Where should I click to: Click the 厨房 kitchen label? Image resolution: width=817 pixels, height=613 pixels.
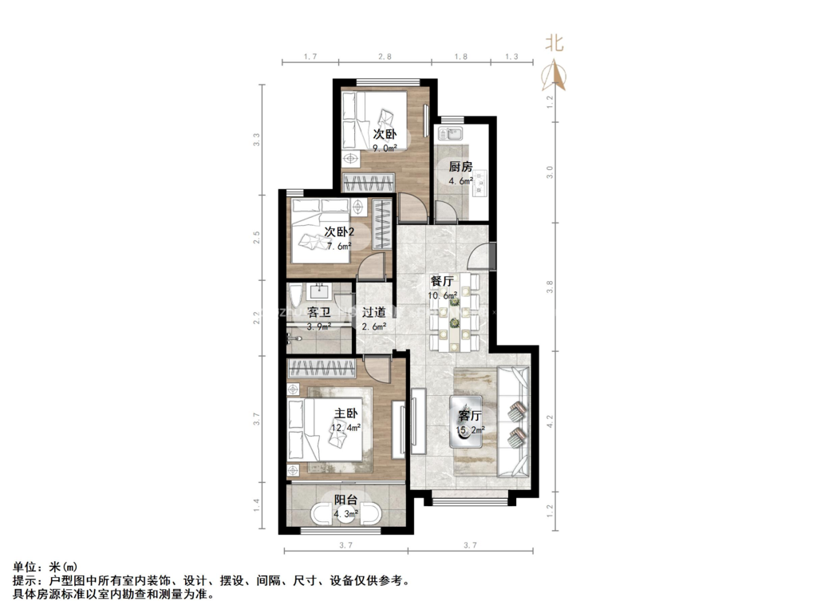point(460,167)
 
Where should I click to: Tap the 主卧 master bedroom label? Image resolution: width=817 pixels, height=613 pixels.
point(345,413)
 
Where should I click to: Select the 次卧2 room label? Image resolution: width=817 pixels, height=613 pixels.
point(339,232)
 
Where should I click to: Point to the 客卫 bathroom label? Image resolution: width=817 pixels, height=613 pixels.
point(319,313)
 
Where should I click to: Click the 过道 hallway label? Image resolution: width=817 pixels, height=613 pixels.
point(373,313)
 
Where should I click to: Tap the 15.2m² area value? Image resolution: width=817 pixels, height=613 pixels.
point(470,431)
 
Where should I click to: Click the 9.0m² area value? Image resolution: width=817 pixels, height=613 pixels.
point(385,147)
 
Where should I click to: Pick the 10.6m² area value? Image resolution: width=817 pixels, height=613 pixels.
point(443,295)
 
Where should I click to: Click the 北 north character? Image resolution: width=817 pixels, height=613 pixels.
point(554,43)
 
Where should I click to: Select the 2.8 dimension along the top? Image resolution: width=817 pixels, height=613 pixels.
point(385,57)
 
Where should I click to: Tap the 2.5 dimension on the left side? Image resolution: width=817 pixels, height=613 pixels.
point(256,238)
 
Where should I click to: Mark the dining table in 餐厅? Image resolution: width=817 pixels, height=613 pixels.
point(454,314)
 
